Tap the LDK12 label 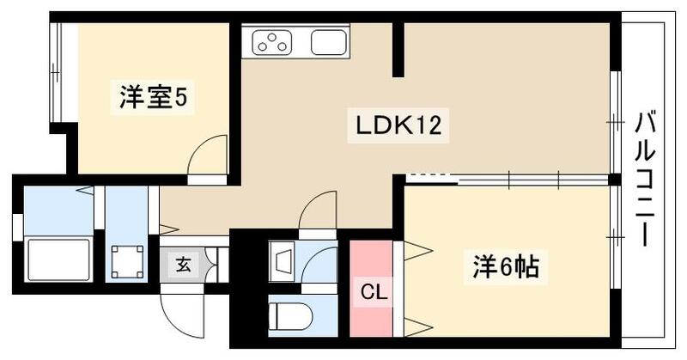point(398,127)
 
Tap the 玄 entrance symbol point(185,264)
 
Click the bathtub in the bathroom point(60,259)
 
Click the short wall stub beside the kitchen point(398,50)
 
